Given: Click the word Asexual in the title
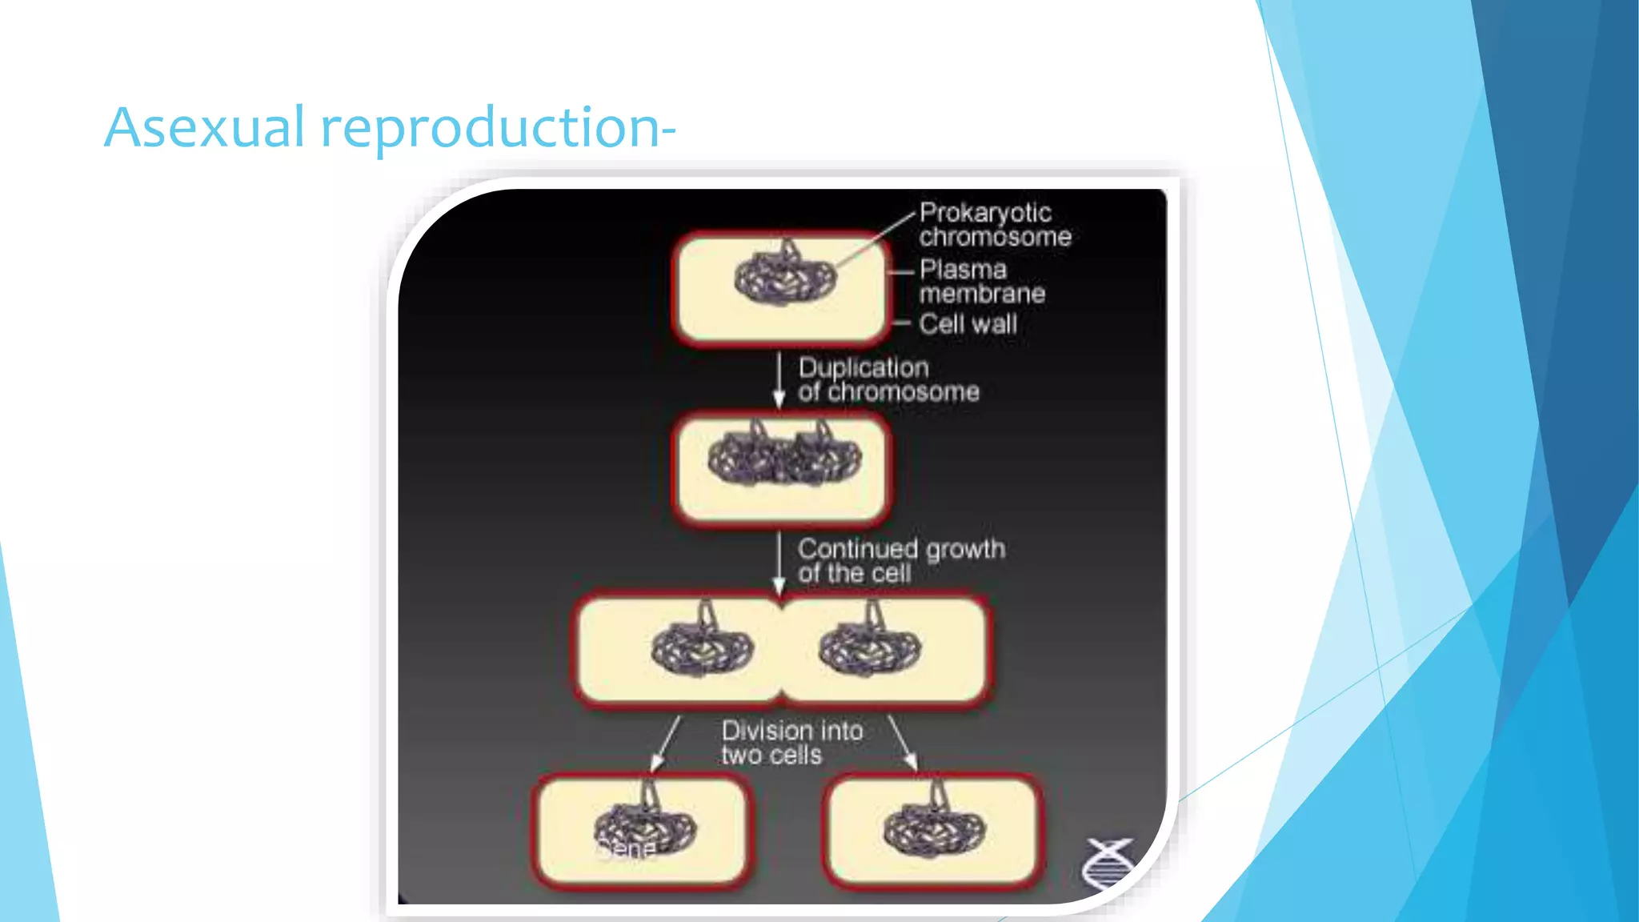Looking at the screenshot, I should tap(205, 128).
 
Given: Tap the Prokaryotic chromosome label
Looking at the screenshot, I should tap(994, 225).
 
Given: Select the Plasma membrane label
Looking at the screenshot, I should tap(981, 282).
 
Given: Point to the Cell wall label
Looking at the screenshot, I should tap(968, 324).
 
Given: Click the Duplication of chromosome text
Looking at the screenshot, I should tap(888, 379).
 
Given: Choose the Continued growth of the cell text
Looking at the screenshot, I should tap(900, 561).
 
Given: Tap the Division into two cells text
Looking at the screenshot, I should tap(791, 743).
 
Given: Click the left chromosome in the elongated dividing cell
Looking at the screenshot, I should tap(702, 647).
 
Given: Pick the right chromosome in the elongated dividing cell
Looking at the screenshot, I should tap(870, 647).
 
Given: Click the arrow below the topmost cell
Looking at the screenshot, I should tap(779, 380).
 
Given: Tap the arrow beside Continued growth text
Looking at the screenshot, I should tap(779, 563).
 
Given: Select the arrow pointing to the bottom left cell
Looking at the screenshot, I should tap(666, 744).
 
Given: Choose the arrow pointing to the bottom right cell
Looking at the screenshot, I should tap(903, 744).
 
